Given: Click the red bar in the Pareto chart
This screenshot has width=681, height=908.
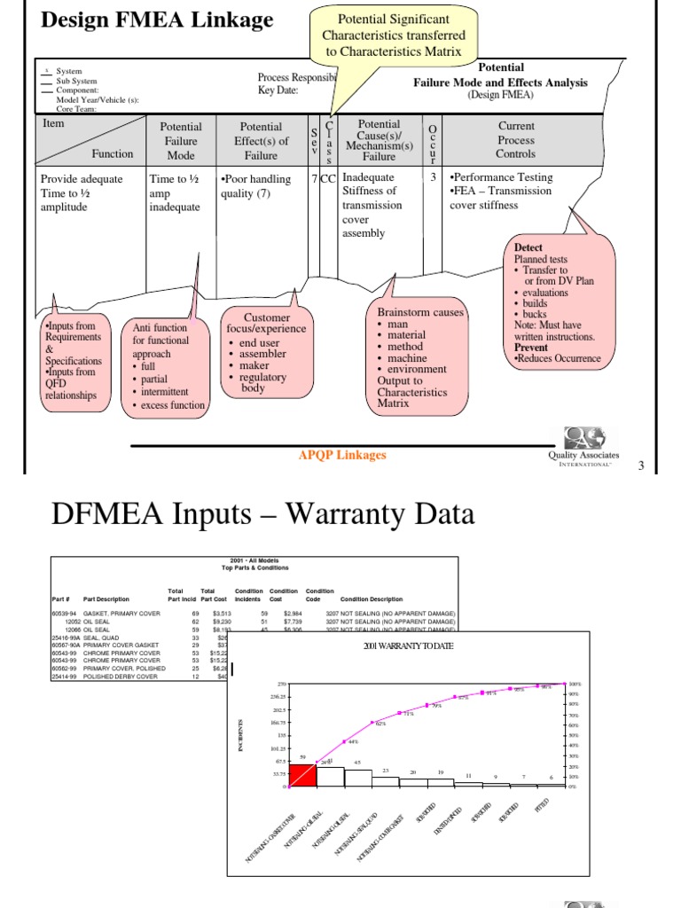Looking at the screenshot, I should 302,774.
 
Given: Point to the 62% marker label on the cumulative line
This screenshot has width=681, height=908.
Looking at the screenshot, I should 380,724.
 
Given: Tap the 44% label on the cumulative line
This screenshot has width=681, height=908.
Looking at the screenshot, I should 352,741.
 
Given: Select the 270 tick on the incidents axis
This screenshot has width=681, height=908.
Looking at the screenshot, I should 282,685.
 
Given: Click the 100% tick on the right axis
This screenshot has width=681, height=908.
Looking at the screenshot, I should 574,685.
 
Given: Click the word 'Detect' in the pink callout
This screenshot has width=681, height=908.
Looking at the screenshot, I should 528,247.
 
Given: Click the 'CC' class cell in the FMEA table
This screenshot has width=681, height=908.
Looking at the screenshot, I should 328,178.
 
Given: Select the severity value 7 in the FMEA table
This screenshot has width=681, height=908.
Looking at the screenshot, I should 314,178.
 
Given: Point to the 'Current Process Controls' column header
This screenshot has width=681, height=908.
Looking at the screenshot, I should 516,140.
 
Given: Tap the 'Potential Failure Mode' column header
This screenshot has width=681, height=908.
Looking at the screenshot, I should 181,140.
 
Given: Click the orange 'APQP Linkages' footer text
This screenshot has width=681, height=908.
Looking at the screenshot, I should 342,455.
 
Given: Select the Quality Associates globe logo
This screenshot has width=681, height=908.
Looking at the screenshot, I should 583,437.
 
